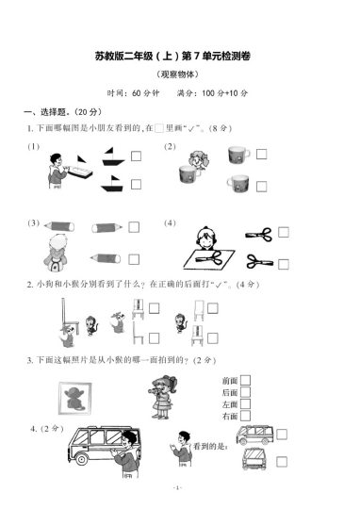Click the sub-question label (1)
click(34, 147)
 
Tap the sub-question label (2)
click(171, 146)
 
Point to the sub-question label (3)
click(34, 224)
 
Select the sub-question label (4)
click(171, 223)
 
